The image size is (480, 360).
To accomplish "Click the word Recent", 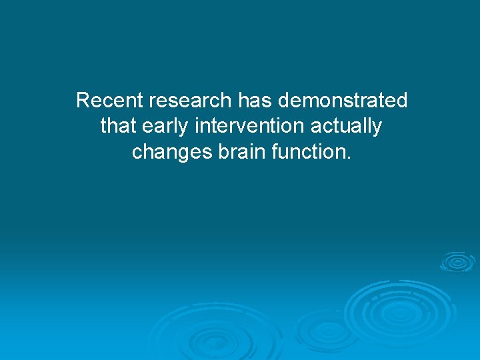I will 110,101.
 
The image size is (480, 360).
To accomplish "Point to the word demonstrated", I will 343,101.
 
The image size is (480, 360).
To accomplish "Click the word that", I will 118,126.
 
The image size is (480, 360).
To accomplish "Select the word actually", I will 347,126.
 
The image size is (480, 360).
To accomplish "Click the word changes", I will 172,152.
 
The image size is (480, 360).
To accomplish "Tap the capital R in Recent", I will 83,101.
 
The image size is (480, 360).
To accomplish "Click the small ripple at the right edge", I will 458,261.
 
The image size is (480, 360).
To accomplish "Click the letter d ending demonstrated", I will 402,101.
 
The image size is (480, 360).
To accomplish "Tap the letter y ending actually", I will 377,128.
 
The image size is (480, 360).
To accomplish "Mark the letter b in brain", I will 223,151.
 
